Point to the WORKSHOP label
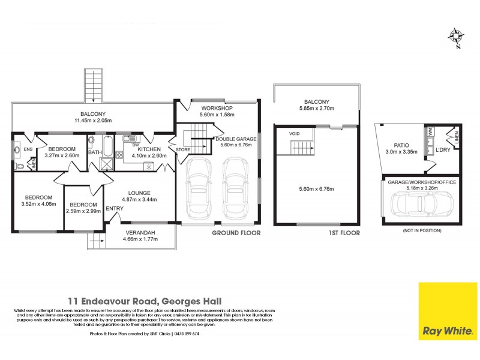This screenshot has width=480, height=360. [x=200, y=109]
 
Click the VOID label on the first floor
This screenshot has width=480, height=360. [x=294, y=133]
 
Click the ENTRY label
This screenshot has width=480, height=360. [x=114, y=209]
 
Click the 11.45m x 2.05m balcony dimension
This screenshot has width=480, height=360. [x=93, y=121]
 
